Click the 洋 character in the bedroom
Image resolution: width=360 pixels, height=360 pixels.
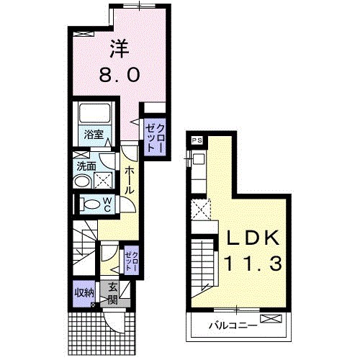120,49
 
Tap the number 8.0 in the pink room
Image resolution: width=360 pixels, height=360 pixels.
120,74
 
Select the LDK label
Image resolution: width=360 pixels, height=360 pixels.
253,238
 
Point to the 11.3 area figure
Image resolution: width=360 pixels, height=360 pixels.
253,264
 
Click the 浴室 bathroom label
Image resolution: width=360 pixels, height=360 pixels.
94,135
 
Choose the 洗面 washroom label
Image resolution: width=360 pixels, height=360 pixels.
86,166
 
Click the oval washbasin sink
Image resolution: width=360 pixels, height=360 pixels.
82,181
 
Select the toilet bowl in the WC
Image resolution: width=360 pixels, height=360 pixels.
91,204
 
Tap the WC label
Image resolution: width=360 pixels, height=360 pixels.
107,204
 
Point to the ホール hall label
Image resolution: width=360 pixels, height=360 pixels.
130,180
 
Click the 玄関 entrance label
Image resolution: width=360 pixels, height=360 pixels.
112,293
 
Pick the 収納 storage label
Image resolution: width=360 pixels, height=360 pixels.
84,293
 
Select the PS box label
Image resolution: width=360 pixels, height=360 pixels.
197,141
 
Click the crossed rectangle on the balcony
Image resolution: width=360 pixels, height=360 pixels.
271,319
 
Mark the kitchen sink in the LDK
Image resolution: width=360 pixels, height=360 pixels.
198,158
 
